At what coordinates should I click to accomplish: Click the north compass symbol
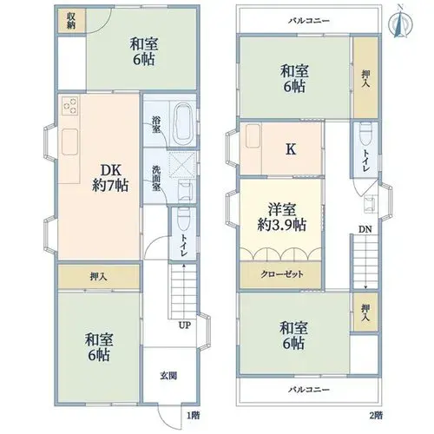point(400,22)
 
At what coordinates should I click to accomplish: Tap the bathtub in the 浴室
point(182,123)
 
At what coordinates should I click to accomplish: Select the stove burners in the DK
point(70,105)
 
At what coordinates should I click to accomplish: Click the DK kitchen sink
point(69,141)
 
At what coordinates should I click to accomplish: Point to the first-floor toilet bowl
point(182,219)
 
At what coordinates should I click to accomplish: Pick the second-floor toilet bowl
point(365,134)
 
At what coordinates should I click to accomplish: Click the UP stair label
point(184,325)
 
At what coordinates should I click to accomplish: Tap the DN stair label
point(365,229)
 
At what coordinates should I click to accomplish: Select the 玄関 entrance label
point(168,376)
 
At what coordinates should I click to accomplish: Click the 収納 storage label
point(71,21)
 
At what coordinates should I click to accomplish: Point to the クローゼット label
point(282,274)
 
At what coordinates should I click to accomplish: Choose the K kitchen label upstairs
point(291,149)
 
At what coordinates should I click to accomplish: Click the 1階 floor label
point(193,416)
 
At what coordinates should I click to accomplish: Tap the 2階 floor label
point(376,416)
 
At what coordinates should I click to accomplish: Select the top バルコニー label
point(309,21)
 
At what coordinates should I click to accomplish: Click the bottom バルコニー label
point(309,390)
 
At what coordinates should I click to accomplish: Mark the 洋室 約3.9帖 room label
point(282,217)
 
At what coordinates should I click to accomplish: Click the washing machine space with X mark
point(182,164)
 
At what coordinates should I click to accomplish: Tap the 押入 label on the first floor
point(98,277)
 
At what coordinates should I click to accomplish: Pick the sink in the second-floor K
point(253,136)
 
